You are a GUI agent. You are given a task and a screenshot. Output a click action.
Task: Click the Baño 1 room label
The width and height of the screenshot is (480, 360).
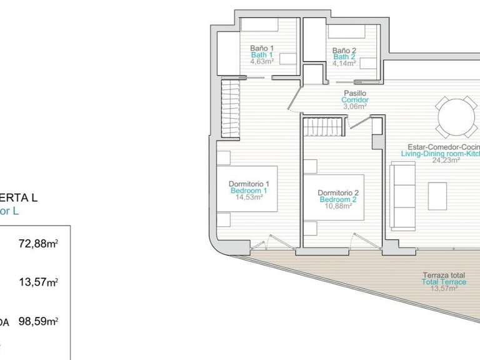coord(262,47)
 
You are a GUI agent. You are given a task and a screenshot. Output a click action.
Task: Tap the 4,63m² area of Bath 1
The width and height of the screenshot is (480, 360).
coord(262,62)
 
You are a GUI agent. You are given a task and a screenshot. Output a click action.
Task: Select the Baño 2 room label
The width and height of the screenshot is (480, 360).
coord(344,51)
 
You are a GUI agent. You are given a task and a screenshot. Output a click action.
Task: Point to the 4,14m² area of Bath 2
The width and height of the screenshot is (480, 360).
coord(344,63)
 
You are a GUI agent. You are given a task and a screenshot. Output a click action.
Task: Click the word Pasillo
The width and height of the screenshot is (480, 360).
coord(354,93)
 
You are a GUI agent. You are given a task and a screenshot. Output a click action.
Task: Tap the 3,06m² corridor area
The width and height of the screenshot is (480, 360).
coord(354,106)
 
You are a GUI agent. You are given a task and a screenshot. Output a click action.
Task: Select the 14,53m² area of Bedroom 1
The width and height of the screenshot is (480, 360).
coord(249,197)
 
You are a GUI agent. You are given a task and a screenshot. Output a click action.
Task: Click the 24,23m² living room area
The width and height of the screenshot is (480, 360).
coord(446,160)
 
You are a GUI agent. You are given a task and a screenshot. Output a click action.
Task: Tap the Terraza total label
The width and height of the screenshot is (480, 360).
coord(444,275)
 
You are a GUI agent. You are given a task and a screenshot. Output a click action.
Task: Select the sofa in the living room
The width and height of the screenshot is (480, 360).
coord(404,194)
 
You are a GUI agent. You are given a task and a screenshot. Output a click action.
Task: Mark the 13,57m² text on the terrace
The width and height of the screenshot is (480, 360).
coord(444,289)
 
